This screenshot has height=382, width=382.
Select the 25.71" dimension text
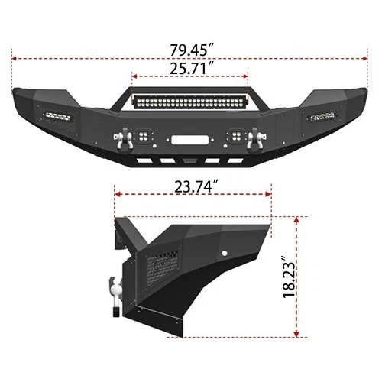(191, 67)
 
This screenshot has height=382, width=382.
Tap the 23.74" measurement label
(191, 186)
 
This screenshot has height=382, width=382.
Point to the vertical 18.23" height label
(288, 277)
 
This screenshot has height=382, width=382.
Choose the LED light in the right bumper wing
(322, 116)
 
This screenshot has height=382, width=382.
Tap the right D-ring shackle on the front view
(254, 138)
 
